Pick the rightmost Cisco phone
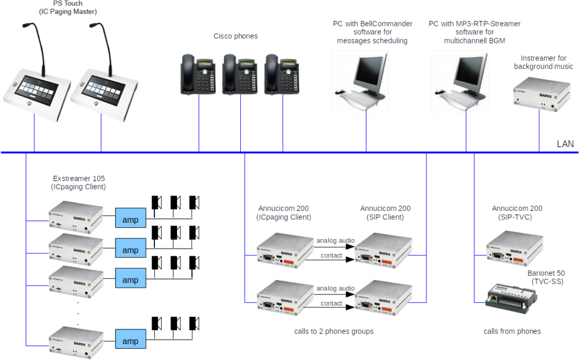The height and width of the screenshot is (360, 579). click(283, 74)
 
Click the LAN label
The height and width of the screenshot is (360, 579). click(565, 145)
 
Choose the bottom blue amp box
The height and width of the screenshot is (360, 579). click(130, 341)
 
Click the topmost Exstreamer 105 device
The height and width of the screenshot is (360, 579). click(75, 218)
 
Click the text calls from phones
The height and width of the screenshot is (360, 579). click(512, 331)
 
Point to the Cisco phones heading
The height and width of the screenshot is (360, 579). click(236, 36)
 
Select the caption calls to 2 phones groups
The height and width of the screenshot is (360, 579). click(334, 331)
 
